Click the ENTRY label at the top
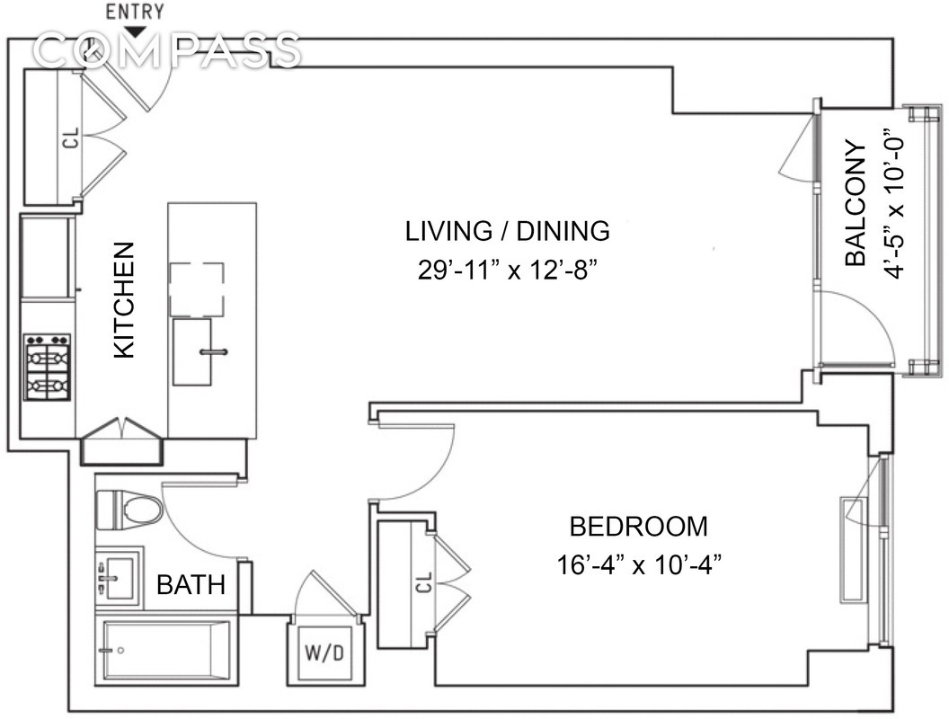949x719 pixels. [135, 12]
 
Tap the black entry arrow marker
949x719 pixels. [138, 31]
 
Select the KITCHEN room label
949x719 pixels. [124, 300]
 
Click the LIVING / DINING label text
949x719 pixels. [507, 231]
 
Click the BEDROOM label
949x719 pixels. [639, 527]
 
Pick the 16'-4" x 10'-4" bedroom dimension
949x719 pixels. [639, 566]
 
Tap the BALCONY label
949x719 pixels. [856, 204]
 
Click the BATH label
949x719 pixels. [191, 585]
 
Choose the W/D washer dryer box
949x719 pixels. [325, 652]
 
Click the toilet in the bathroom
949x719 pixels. [129, 508]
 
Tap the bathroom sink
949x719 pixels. [119, 578]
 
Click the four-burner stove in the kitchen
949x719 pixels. [48, 367]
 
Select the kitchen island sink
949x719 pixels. [192, 352]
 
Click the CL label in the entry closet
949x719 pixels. [71, 138]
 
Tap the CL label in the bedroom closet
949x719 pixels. [425, 582]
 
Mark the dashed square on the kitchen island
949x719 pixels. [197, 290]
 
